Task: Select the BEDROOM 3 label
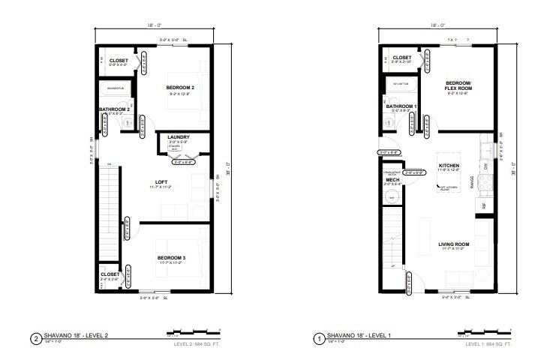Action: coord(171,259)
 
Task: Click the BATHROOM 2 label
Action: coord(115,109)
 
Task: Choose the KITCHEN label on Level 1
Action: coord(449,165)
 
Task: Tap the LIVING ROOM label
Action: coord(453,244)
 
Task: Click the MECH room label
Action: coord(392,180)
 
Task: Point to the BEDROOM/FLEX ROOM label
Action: coord(458,85)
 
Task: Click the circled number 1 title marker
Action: coord(318,337)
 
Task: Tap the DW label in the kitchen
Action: coord(485,166)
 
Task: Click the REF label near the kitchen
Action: coord(484,204)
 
